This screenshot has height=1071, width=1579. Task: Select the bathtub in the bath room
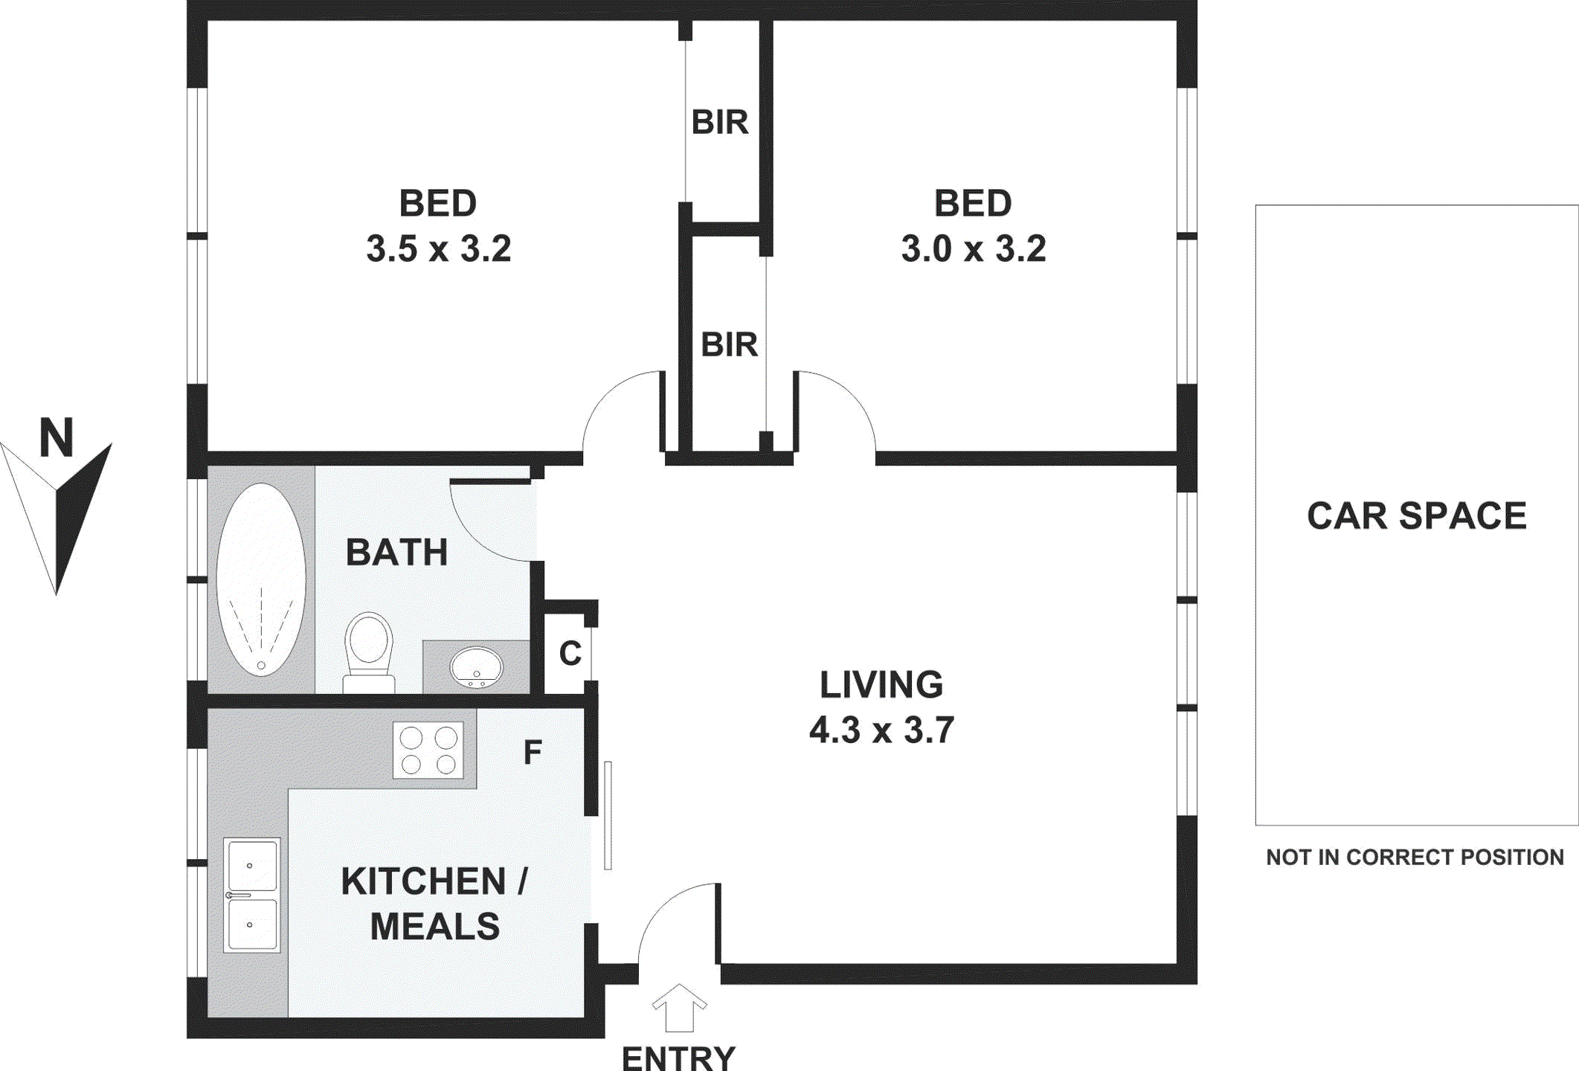261,579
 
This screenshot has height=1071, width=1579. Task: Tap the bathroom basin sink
477,666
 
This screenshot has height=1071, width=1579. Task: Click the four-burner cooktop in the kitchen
428,750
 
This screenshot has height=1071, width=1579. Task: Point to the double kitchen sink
252,895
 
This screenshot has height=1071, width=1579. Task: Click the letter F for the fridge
533,752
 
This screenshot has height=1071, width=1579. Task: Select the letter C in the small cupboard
570,654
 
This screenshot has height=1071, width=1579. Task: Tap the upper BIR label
719,122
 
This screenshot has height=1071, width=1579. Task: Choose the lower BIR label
729,345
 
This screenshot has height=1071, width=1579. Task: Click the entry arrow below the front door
679,1009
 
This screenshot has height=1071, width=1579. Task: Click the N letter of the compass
57,438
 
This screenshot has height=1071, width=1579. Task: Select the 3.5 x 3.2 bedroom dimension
439,248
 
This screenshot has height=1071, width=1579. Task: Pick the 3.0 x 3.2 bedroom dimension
974,248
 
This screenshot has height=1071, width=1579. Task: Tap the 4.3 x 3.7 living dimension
881,730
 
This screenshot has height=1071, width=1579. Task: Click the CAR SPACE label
1416,515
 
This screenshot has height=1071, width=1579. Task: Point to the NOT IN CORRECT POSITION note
1415,858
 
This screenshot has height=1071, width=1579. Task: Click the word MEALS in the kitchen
435,927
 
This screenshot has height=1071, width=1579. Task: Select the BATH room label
397,553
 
